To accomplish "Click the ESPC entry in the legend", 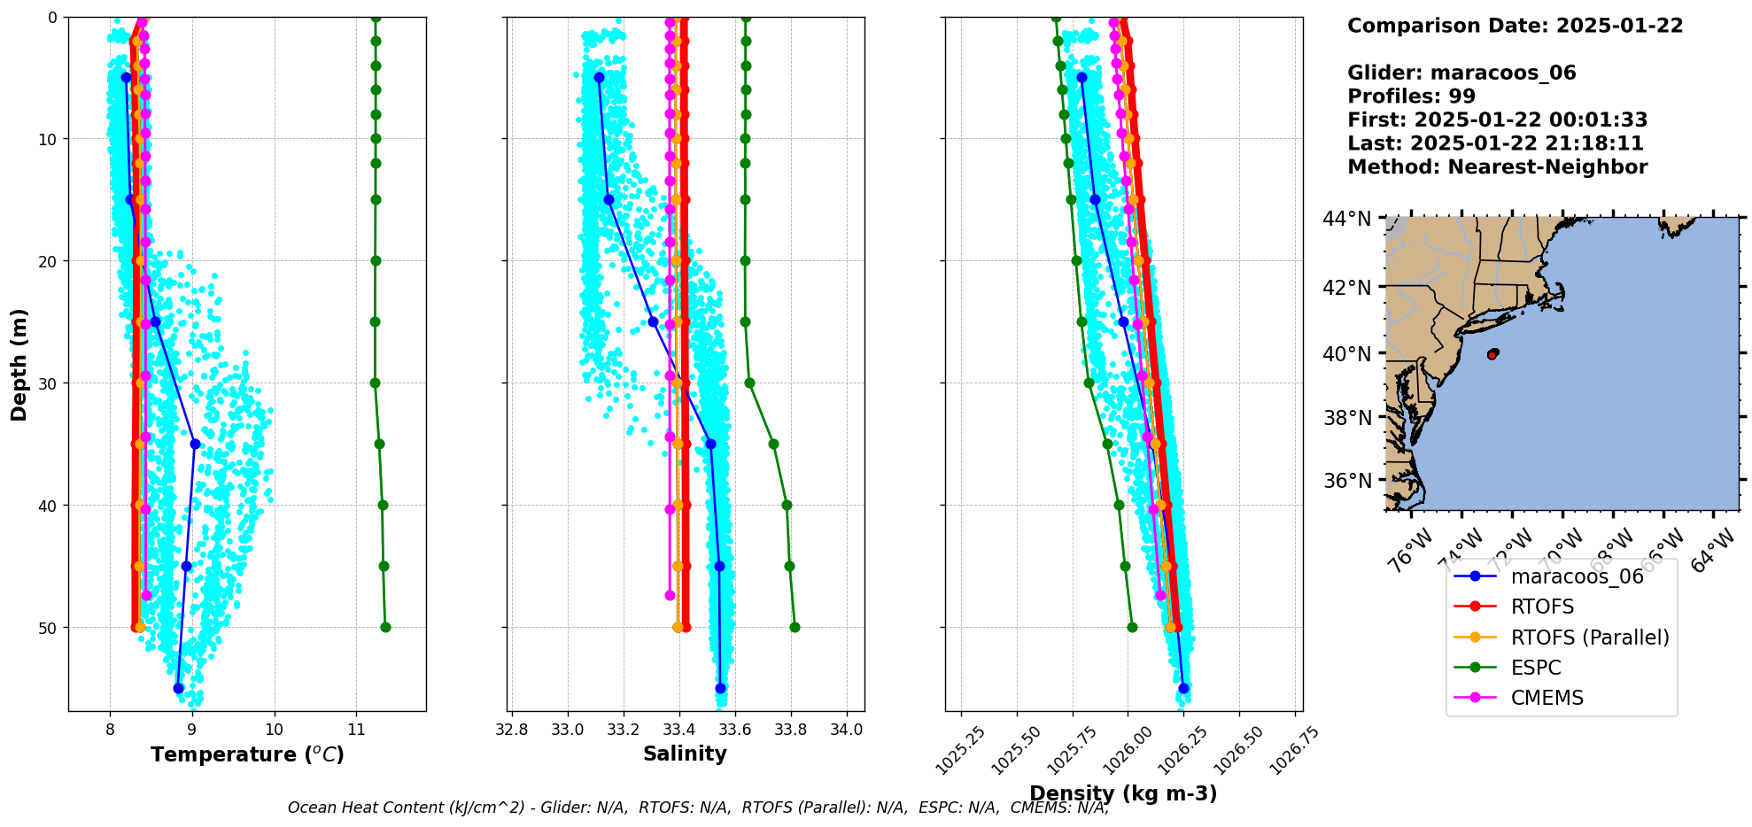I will pyautogui.click(x=1536, y=668).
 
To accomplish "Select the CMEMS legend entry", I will pyautogui.click(x=1547, y=698).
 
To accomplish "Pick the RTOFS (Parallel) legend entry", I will pyautogui.click(x=1589, y=638).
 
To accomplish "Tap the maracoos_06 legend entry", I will pyautogui.click(x=1577, y=576).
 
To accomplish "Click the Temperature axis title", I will pyautogui.click(x=247, y=755).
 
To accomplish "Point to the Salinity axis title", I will pyautogui.click(x=685, y=754).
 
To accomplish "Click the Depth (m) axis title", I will pyautogui.click(x=19, y=365).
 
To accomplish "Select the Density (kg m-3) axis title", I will pyautogui.click(x=1123, y=793).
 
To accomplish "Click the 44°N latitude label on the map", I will pyautogui.click(x=1346, y=219).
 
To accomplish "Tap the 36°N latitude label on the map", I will pyautogui.click(x=1346, y=481).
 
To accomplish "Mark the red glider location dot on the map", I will pyautogui.click(x=1492, y=354).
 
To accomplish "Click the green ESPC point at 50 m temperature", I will pyautogui.click(x=385, y=628).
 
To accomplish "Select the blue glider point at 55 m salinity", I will pyautogui.click(x=720, y=688).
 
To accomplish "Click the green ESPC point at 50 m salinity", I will pyautogui.click(x=795, y=628).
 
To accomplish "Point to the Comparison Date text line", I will pyautogui.click(x=1515, y=26).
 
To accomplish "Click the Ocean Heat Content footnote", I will pyautogui.click(x=698, y=808).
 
